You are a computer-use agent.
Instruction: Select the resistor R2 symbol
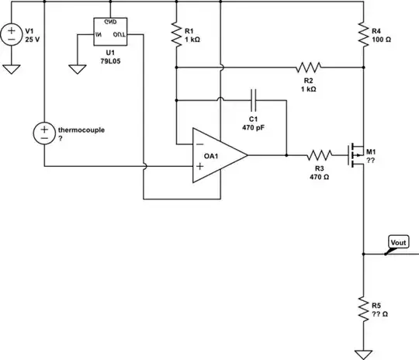[308, 67]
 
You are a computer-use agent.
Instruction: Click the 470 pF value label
[255, 127]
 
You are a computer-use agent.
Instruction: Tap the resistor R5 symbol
[363, 310]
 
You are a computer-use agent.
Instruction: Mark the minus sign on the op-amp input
[199, 145]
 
